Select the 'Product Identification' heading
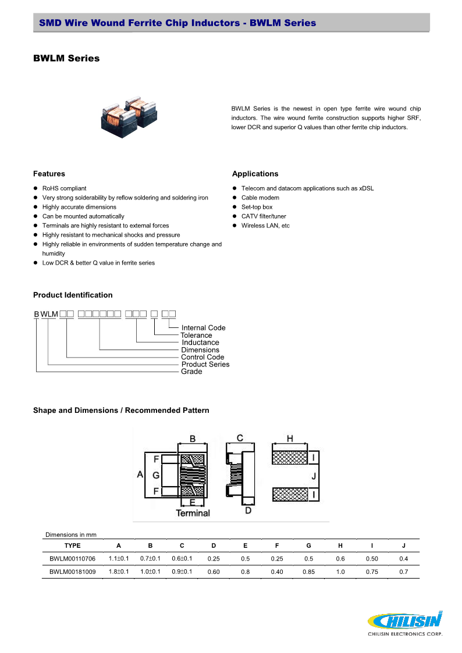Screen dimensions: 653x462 point(73,295)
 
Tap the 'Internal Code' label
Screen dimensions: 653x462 point(203,328)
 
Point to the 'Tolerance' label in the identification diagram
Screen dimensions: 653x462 point(196,336)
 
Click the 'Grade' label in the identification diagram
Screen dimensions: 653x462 point(191,372)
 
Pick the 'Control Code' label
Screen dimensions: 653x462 point(202,357)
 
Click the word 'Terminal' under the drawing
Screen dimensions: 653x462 point(193,513)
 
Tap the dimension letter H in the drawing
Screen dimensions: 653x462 point(290,438)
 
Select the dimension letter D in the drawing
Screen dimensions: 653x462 point(248,511)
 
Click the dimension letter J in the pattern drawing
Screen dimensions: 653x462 point(314,476)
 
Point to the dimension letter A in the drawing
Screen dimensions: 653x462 point(140,474)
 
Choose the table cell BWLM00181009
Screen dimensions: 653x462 point(72,572)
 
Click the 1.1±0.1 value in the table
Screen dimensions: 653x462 point(119,558)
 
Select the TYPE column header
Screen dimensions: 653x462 point(72,545)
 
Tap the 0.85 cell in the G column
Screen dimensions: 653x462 point(308,572)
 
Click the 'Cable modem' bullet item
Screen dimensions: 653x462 point(260,198)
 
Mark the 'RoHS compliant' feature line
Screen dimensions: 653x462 point(64,188)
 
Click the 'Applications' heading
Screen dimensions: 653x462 point(255,174)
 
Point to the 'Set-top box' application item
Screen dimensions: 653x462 point(257,207)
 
